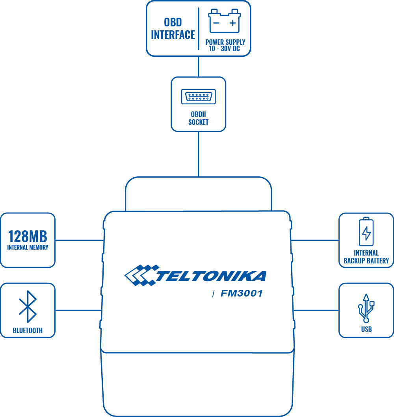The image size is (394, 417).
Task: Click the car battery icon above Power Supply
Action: click(x=225, y=22)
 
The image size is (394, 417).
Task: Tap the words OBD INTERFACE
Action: click(x=173, y=28)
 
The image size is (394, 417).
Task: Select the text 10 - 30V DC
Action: click(x=225, y=49)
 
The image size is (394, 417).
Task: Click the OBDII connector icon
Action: click(x=198, y=97)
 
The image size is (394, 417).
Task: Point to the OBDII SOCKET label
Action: click(x=198, y=119)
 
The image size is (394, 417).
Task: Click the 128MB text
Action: click(x=28, y=237)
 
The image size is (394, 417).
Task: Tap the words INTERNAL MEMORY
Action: click(x=28, y=248)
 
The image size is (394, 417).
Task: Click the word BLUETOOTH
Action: click(x=28, y=331)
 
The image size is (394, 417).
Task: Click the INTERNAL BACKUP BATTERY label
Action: click(x=366, y=257)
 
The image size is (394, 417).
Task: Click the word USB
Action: click(x=366, y=330)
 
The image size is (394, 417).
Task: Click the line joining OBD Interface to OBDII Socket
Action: click(x=198, y=67)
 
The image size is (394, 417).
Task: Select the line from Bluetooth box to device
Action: click(x=79, y=310)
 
